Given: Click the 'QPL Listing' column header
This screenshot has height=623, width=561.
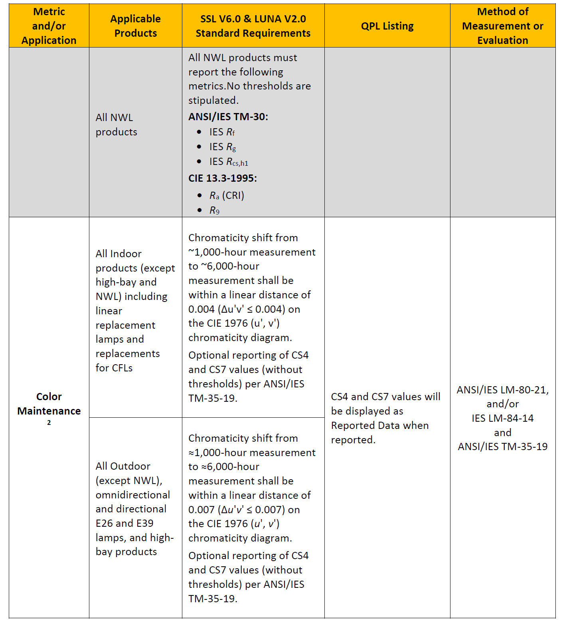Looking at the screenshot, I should pos(387,26).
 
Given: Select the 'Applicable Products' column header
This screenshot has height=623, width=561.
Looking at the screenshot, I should pos(135,26).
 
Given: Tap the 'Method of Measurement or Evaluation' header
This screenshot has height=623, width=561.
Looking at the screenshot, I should pos(502,26).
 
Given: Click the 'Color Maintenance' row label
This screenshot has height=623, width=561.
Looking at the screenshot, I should pos(49,404).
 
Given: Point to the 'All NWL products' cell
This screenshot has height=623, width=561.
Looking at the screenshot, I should pos(116,125).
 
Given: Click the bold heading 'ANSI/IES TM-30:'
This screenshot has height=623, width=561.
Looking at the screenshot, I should pos(228,117).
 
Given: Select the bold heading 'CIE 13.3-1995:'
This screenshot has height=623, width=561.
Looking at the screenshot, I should pos(222,178).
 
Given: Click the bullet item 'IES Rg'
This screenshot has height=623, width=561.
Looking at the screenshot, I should pos(223,147).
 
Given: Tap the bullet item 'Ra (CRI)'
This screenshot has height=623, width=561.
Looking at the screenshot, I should pos(227,195).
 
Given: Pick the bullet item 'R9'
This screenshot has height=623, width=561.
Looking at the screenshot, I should pos(214,210).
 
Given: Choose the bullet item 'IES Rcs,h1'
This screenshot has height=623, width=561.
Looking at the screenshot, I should pos(229,162).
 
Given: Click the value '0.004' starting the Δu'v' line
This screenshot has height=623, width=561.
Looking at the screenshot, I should pos(201,309).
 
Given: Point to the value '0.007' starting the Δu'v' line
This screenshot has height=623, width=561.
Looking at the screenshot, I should pos(201,510).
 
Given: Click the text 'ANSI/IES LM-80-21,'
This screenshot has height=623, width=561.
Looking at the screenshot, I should pos(502,390).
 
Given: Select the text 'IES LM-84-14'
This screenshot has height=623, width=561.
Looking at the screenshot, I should pos(502,418).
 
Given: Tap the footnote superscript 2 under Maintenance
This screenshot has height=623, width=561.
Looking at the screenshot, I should pos(49,423).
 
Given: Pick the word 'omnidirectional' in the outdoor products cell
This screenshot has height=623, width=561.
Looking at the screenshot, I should pos(133,495).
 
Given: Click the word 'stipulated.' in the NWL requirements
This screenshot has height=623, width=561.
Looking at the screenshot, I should pos(213,100).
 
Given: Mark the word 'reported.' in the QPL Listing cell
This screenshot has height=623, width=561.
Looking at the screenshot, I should pos(353,440).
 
